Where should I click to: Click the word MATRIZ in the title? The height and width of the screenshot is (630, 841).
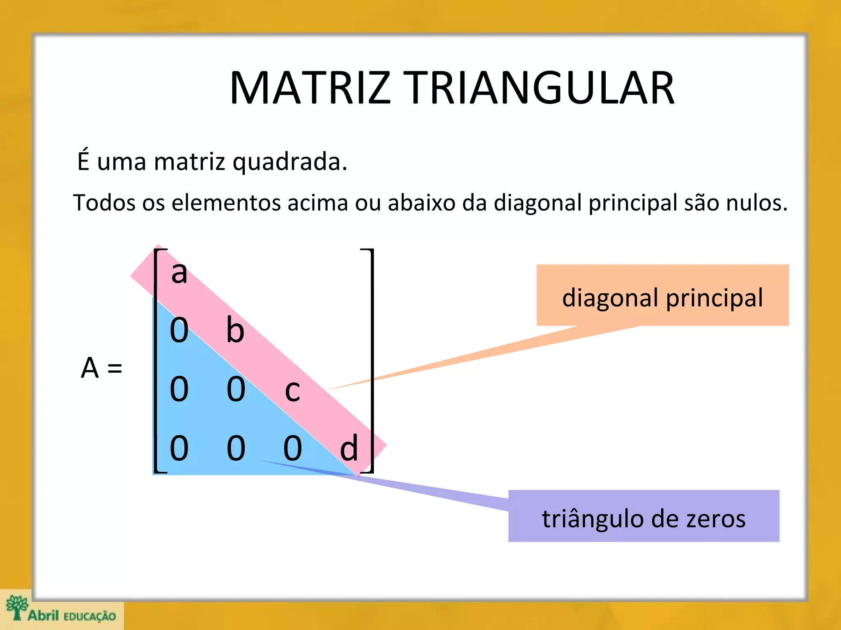point(310,88)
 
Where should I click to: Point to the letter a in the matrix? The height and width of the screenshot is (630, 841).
point(179,273)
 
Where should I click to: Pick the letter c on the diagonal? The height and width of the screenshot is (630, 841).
point(292,390)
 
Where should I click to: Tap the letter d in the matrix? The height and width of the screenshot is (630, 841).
point(349,448)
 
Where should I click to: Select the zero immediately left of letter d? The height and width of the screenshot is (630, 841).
point(293,448)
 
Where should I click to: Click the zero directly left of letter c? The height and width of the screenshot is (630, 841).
point(236,389)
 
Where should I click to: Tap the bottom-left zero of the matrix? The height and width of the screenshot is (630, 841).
point(179,448)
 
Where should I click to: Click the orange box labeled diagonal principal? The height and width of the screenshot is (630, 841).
point(662,295)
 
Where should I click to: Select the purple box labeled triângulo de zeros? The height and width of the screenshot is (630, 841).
point(643,516)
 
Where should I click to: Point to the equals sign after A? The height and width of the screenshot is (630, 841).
point(115,368)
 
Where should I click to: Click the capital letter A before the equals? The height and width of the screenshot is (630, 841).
point(90,368)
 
